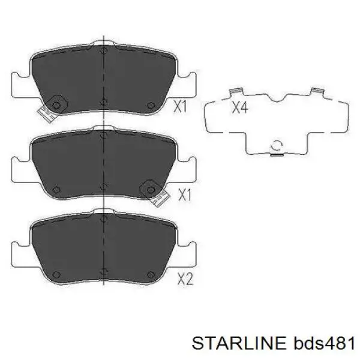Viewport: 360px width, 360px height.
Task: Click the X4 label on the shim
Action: pos(240,107)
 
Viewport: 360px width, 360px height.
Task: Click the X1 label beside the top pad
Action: pos(180,106)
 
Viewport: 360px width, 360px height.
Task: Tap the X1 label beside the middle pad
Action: pos(185,195)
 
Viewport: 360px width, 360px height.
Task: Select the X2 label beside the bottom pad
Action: pos(185,279)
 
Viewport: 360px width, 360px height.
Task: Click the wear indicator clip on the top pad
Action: pos(47,114)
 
